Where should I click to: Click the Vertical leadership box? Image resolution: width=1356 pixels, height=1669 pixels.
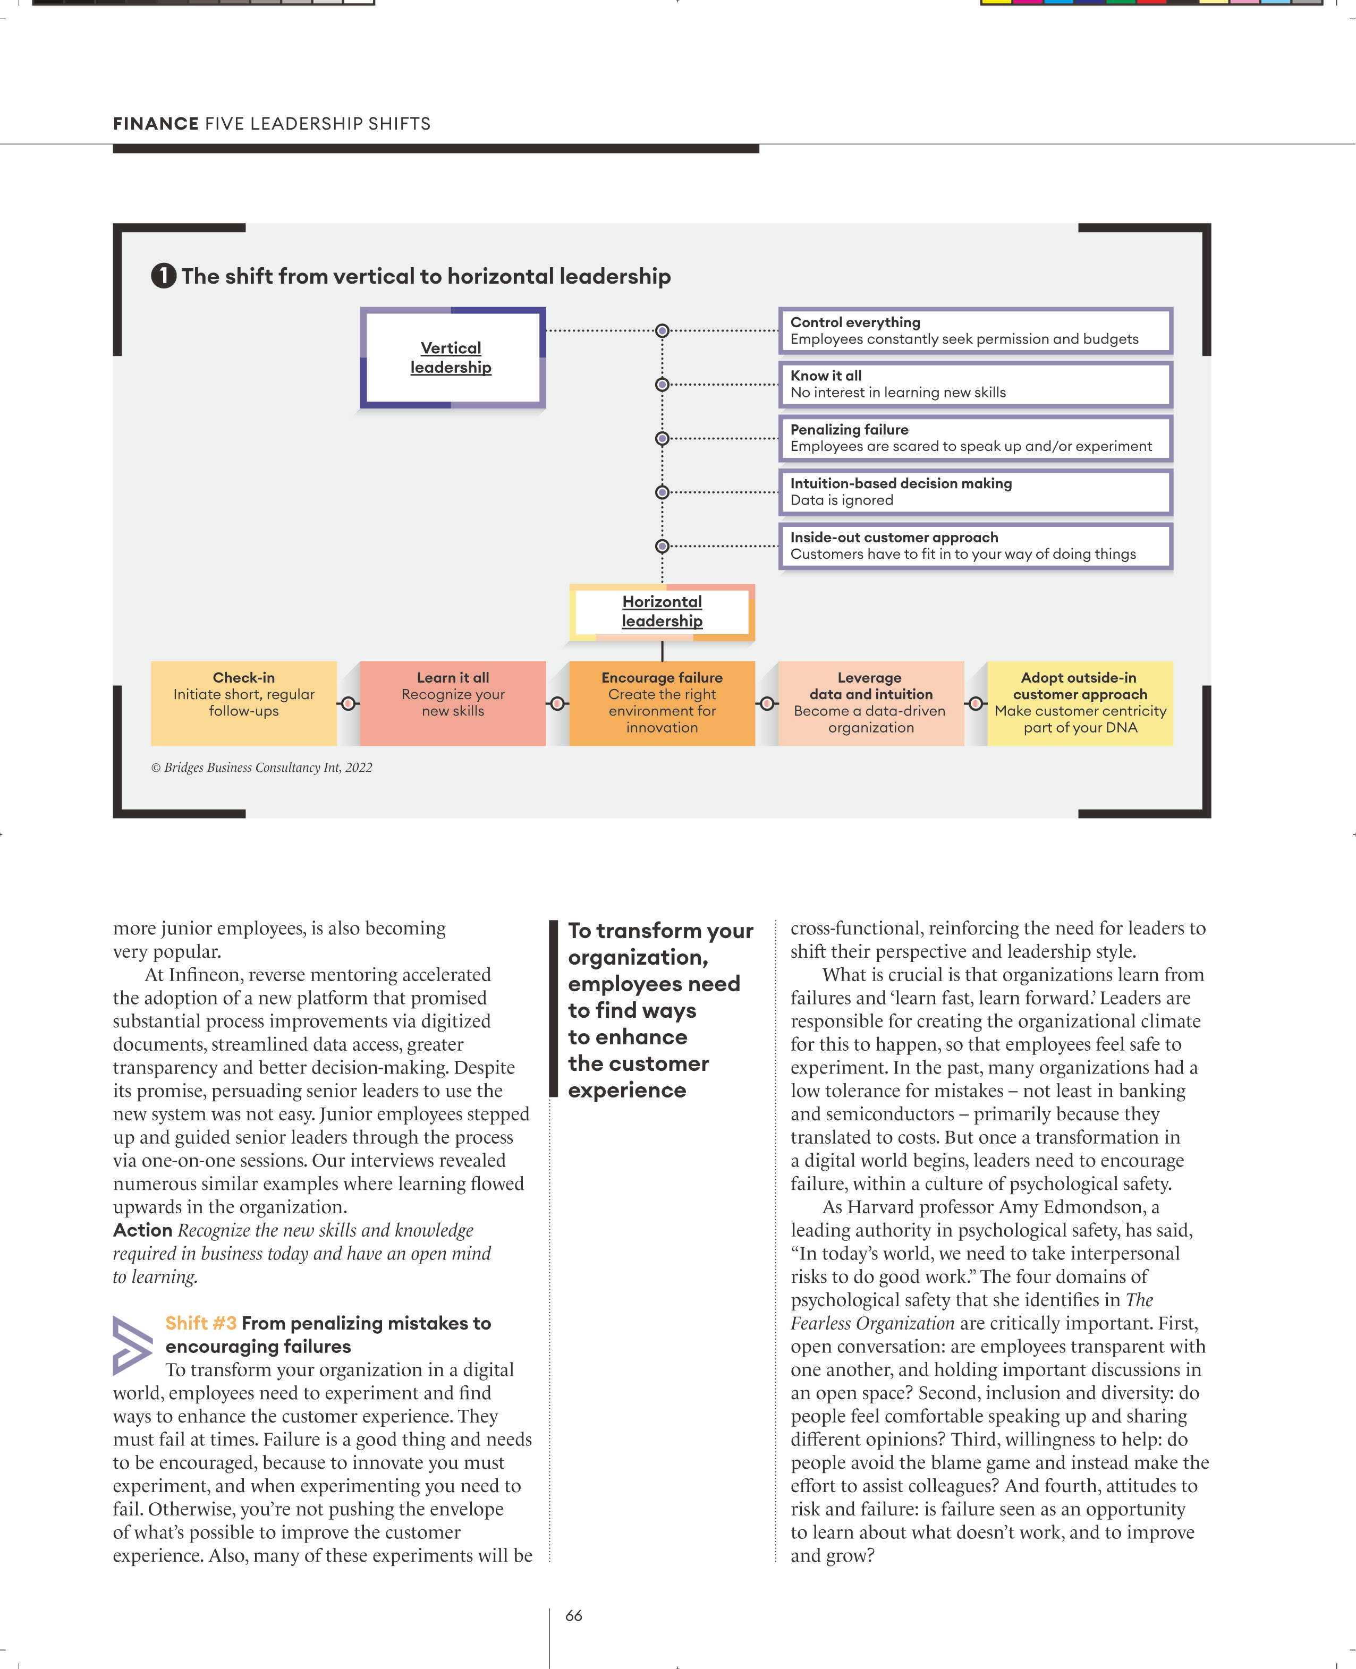452,357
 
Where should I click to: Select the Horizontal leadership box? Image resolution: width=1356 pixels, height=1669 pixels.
662,611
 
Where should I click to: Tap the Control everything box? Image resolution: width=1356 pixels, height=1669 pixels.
976,330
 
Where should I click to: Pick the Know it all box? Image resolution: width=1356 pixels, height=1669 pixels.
976,384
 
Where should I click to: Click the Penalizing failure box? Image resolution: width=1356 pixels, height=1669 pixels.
976,438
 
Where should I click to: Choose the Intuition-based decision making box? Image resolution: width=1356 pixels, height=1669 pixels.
976,492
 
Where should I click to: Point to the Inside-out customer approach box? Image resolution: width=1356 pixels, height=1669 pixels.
976,546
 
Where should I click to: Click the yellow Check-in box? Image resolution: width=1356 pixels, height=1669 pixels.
244,703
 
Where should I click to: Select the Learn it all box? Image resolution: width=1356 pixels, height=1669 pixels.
453,703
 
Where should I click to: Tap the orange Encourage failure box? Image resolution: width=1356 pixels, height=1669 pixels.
662,703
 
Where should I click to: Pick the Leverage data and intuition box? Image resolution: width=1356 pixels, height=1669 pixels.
871,703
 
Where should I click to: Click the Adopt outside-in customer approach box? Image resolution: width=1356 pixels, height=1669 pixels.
1080,703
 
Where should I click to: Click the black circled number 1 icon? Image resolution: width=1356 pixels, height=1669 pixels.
163,276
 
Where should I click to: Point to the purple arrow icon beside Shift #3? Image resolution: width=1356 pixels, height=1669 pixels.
132,1345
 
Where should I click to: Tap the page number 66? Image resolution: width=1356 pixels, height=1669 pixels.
573,1616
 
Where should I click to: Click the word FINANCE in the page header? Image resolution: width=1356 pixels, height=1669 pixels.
156,123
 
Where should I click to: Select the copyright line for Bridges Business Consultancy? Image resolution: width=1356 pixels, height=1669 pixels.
261,768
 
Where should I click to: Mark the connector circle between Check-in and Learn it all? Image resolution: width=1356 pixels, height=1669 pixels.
349,704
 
